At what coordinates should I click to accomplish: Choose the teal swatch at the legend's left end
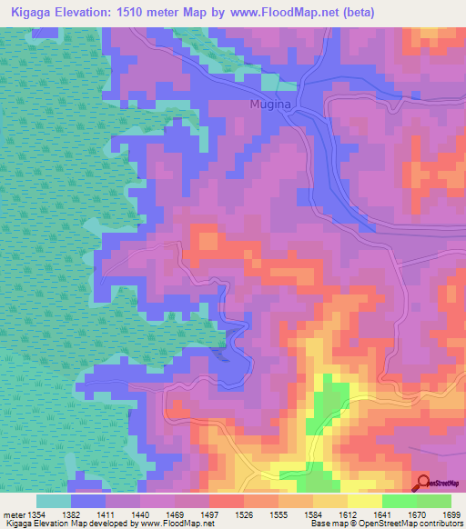pyautogui.click(x=53, y=501)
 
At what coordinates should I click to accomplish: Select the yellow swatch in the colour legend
pyautogui.click(x=364, y=501)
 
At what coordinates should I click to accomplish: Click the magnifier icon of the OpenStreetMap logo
pyautogui.click(x=422, y=484)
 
